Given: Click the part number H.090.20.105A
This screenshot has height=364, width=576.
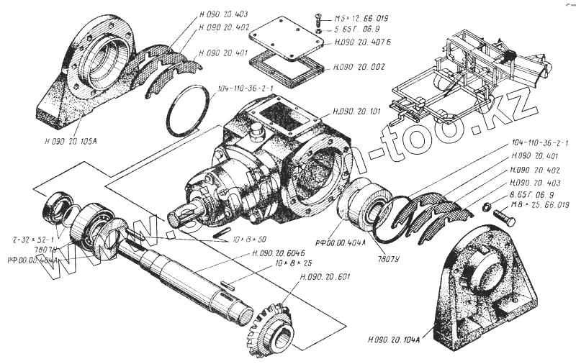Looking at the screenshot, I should (76, 140).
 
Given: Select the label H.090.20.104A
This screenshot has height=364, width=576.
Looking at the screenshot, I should (397, 339).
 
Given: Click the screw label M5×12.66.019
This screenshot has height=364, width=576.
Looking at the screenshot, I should (360, 17).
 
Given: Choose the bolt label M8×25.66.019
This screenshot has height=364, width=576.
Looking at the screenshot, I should (540, 206).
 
